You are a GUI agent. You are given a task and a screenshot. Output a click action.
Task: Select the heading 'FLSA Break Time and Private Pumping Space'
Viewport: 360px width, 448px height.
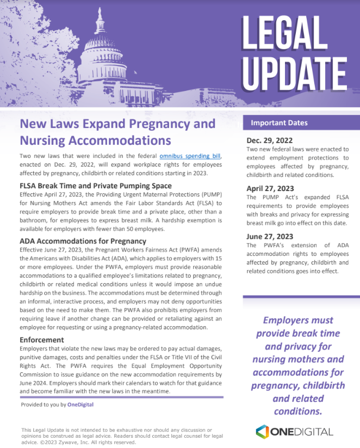(96, 186)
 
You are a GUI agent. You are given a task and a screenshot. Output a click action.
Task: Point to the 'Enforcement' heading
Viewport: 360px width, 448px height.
(42, 340)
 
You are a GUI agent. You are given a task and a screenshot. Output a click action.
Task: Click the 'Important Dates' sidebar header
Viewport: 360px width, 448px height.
(279, 122)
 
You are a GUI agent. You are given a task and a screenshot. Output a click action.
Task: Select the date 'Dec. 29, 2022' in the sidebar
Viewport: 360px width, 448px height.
(273, 140)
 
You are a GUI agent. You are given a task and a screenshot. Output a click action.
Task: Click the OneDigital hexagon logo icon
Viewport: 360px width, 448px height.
(263, 432)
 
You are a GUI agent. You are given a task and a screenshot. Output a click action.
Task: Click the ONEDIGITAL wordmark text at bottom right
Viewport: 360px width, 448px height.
(302, 432)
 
